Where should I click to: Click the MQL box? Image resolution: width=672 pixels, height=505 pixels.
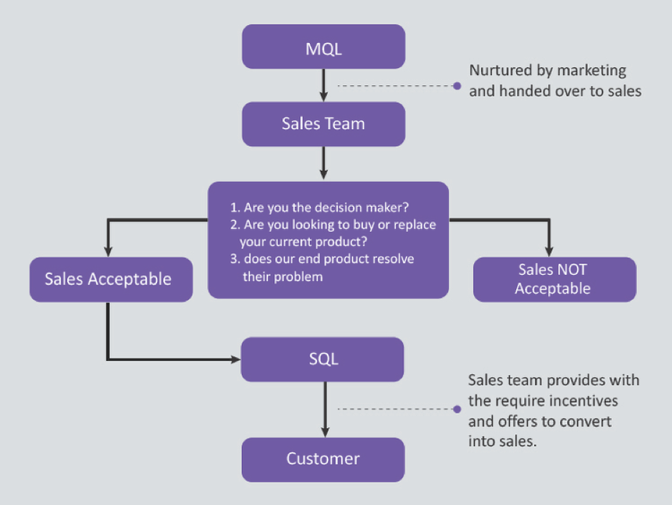coord(323,46)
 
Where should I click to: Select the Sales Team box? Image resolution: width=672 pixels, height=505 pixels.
coord(323,124)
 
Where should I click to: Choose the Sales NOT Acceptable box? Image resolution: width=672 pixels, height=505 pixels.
coord(554,279)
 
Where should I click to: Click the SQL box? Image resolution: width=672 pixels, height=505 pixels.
coord(323,359)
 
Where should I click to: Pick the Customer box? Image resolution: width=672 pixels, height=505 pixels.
coord(323,458)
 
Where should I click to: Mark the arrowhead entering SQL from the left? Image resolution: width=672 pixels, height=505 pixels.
coord(236,360)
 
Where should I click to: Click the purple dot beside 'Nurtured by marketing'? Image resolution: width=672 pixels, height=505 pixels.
coord(457,86)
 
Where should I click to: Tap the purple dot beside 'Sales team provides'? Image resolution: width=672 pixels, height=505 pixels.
coord(457,410)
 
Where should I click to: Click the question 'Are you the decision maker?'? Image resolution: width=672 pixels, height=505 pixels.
coord(326,208)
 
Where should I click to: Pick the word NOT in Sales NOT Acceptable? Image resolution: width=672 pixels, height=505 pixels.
coord(573,270)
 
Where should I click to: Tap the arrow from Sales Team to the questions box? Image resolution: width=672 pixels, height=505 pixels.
coord(323,163)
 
